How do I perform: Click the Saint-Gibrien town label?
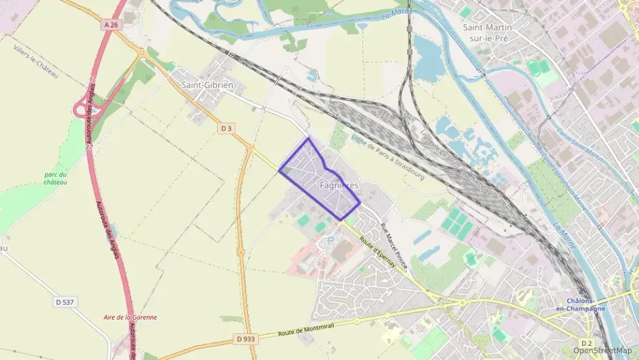(208, 85)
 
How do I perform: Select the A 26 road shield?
(113, 25)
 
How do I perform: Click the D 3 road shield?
(227, 128)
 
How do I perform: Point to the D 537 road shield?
(64, 302)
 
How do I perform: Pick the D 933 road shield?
(244, 338)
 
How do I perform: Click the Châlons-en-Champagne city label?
(586, 305)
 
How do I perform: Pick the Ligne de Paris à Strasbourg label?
(387, 156)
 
